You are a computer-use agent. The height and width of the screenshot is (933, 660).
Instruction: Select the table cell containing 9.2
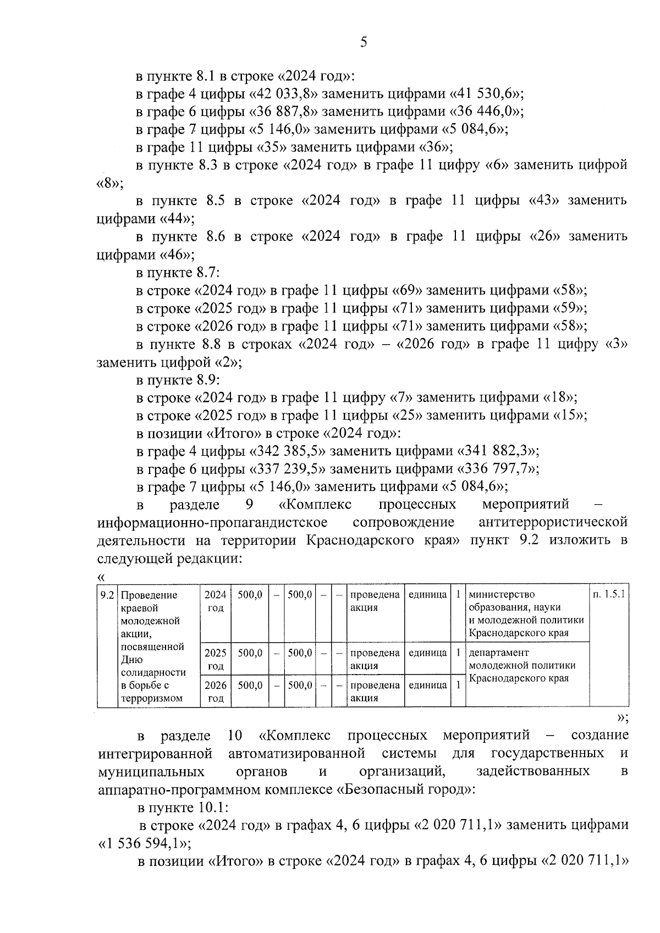pos(107,595)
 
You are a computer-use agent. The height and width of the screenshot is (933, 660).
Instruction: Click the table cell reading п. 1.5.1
pos(609,595)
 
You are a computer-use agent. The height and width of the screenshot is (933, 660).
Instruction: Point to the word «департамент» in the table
pos(498,653)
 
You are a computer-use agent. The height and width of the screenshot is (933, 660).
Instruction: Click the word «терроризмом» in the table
pos(151,699)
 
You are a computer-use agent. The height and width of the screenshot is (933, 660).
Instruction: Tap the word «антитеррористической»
pos(553,522)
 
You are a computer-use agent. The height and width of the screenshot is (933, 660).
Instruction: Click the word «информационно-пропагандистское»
pos(212,522)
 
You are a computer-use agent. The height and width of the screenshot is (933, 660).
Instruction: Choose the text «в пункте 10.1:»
pos(183,808)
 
